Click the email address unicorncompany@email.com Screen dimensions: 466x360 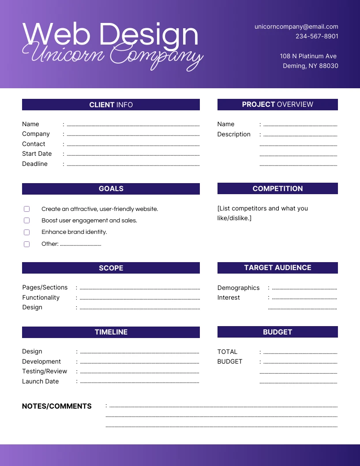coord(296,26)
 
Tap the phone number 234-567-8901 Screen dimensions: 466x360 coord(317,36)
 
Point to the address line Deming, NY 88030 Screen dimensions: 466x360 coord(310,66)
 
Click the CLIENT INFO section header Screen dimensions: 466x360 coord(111,105)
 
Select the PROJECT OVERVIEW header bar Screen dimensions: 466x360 coord(277,105)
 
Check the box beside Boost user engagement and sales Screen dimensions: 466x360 coord(27,221)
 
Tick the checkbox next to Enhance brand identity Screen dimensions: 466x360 coord(27,232)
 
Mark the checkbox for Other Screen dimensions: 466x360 coord(27,244)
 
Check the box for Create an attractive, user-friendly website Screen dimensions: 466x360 coord(27,209)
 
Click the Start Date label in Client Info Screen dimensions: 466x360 coord(37,154)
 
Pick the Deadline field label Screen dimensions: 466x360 coord(35,164)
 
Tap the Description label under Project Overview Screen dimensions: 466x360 coord(234,134)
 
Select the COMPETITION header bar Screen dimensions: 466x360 coord(277,188)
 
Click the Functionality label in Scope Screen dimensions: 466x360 coord(41,297)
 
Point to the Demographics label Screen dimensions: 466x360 coord(238,288)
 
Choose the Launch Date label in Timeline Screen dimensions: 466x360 coord(41,381)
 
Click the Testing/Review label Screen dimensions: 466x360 coord(45,371)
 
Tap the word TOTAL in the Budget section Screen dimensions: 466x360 coord(227,352)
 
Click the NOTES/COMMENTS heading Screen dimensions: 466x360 coord(57,406)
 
